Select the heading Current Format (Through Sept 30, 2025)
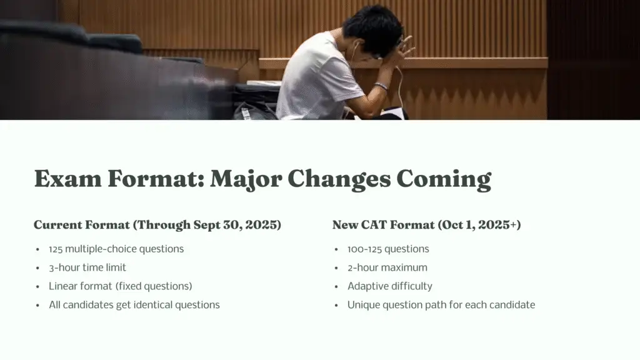[157, 225]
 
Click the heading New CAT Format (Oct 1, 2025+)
[426, 225]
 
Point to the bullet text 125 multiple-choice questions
[116, 249]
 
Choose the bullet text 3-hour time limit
[87, 267]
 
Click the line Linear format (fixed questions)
[120, 286]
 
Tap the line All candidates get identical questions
[134, 305]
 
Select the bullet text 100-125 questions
[388, 249]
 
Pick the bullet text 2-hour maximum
[387, 267]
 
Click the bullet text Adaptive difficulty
[390, 286]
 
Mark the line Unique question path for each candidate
[441, 305]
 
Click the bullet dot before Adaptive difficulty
[337, 287]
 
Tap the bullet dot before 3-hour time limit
[38, 268]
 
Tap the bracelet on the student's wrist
[381, 86]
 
